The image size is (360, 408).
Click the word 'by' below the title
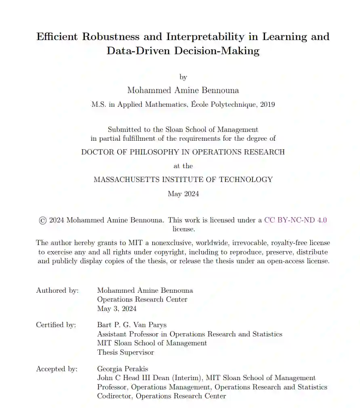[183, 77]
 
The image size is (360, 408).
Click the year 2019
[267, 104]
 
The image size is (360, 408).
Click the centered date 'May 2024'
[183, 194]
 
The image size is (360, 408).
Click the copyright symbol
[42, 220]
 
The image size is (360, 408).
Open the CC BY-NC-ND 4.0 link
[295, 220]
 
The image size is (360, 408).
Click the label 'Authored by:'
[57, 290]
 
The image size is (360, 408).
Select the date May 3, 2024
[117, 309]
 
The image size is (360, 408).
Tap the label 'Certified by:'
[56, 325]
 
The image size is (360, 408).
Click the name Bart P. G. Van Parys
[132, 325]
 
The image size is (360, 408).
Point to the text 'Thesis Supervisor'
[125, 352]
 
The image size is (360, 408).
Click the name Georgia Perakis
[122, 369]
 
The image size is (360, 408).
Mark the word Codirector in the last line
[115, 396]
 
